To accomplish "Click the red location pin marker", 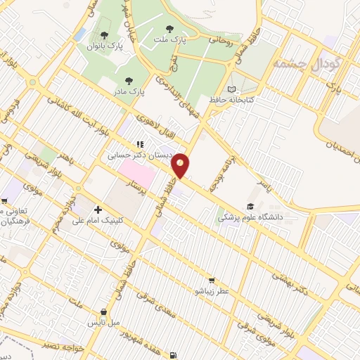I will coord(181,165).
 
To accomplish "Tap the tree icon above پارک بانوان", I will coord(104,34).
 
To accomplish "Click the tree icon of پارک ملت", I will coord(169,30).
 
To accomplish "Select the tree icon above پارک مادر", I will coord(128,81).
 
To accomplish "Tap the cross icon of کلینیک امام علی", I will coord(97,210).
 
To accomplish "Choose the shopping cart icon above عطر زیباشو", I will coord(210,281).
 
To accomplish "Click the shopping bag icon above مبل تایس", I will coord(104,312).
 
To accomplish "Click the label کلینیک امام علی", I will coord(98,220).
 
